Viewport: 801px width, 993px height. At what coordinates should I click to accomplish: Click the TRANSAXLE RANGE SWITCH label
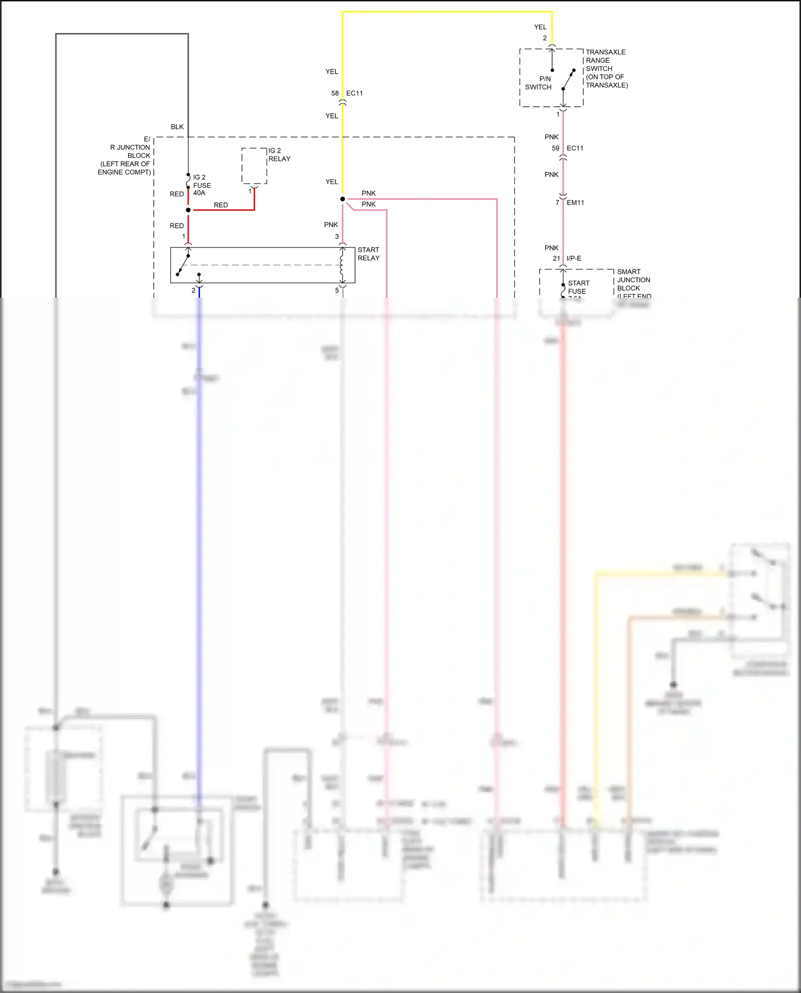(606, 68)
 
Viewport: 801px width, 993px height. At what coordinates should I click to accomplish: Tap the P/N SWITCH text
(538, 83)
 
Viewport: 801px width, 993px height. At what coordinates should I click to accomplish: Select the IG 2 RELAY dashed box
(254, 166)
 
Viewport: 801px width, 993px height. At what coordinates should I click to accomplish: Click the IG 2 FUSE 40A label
(201, 185)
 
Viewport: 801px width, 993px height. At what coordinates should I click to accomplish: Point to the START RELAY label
(368, 254)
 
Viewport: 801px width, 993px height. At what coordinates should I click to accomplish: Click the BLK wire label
(177, 127)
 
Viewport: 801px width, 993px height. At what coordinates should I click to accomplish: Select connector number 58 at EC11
(335, 93)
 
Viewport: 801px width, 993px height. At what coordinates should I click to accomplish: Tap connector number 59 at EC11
(555, 148)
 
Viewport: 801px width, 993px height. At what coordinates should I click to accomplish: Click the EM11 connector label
(575, 203)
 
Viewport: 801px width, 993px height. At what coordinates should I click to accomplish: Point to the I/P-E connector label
(574, 259)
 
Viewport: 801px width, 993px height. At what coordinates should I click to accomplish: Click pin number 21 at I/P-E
(556, 259)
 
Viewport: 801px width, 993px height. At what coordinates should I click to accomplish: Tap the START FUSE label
(578, 288)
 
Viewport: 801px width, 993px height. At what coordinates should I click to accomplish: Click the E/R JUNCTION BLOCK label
(125, 155)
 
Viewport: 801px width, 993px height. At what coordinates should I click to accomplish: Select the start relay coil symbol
(342, 265)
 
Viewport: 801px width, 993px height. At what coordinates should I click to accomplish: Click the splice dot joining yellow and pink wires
(342, 199)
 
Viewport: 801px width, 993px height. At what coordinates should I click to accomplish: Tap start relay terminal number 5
(337, 291)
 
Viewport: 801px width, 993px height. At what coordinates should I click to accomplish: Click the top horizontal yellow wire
(447, 12)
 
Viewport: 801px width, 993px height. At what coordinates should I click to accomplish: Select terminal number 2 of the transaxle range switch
(545, 38)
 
